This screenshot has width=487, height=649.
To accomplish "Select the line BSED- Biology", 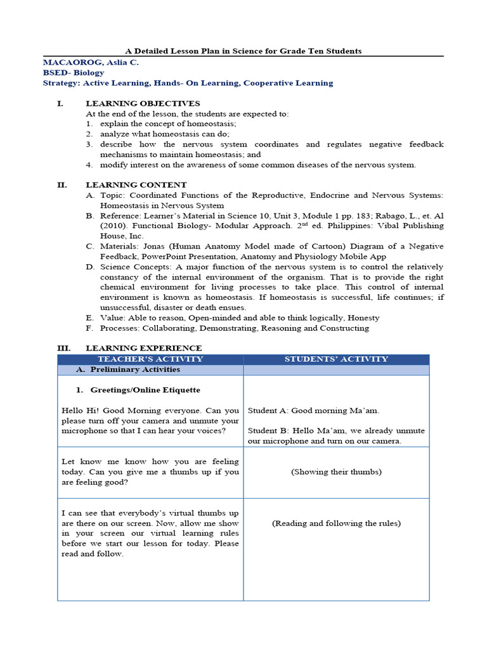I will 74,73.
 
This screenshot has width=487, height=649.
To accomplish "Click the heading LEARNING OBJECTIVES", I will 143,103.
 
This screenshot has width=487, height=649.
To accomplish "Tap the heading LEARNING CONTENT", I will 136,185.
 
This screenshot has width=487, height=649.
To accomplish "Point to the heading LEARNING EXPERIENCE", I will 143,348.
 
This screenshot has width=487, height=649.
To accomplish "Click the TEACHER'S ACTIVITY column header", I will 150,359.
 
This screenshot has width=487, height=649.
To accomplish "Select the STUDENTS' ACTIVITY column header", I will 336,359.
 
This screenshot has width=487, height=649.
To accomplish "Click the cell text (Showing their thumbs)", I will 336,472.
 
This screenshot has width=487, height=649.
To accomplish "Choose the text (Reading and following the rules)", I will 336,523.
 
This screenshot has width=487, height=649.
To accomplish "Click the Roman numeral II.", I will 62,185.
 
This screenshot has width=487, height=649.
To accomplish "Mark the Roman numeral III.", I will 63,348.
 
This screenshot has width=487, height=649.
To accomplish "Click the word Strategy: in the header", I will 60,83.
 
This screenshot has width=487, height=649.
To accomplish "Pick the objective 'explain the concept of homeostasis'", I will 168,124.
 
